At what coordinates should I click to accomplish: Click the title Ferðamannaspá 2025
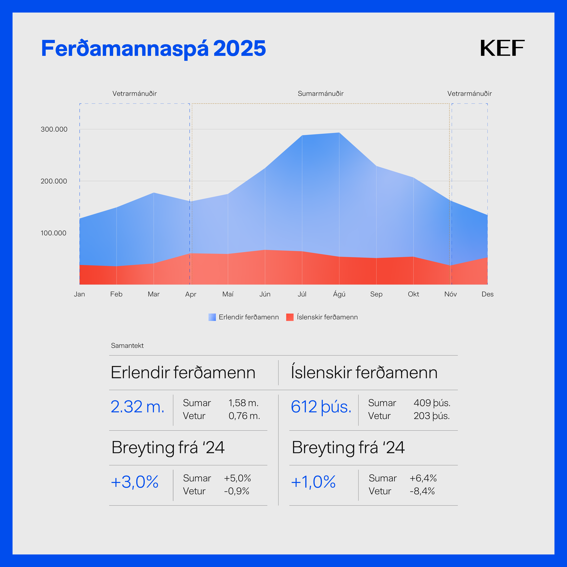[154, 48]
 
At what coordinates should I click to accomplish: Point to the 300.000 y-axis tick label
[54, 129]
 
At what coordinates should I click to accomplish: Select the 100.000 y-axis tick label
[53, 233]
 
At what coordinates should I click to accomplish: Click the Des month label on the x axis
[487, 294]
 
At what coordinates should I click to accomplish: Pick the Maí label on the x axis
[228, 294]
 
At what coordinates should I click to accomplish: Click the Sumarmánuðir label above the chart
[320, 94]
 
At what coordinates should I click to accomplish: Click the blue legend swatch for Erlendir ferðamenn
[212, 317]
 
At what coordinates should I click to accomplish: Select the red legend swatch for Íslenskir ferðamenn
[290, 317]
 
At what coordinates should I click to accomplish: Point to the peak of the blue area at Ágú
[339, 133]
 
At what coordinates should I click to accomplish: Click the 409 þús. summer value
[432, 403]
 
